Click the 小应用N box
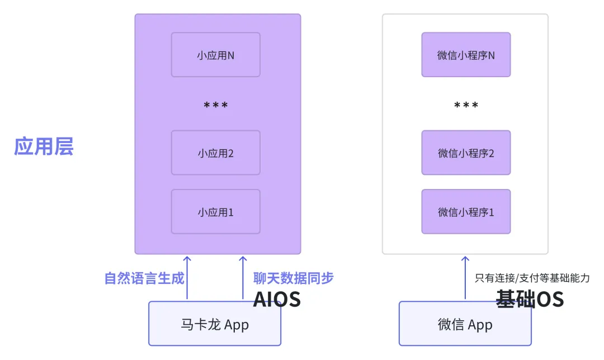pyautogui.click(x=215, y=55)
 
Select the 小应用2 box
pyautogui.click(x=215, y=153)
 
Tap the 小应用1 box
pyautogui.click(x=215, y=212)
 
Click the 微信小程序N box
pyautogui.click(x=466, y=55)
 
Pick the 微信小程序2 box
pyautogui.click(x=466, y=153)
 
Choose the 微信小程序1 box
pyautogui.click(x=466, y=212)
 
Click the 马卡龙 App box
pyautogui.click(x=215, y=324)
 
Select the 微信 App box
pyautogui.click(x=465, y=324)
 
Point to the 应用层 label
pyautogui.click(x=44, y=147)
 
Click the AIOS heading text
pyautogui.click(x=277, y=300)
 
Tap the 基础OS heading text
pyautogui.click(x=530, y=300)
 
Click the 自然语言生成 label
pyautogui.click(x=144, y=278)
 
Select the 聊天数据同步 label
pyautogui.click(x=293, y=278)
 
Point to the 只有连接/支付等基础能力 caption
pyautogui.click(x=532, y=278)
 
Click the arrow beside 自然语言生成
pyautogui.click(x=187, y=278)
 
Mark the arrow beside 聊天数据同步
pyautogui.click(x=243, y=278)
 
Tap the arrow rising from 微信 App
pyautogui.click(x=465, y=278)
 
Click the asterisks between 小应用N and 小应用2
pyautogui.click(x=215, y=105)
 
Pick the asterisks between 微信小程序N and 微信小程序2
pyautogui.click(x=466, y=105)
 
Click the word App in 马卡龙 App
pyautogui.click(x=237, y=325)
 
